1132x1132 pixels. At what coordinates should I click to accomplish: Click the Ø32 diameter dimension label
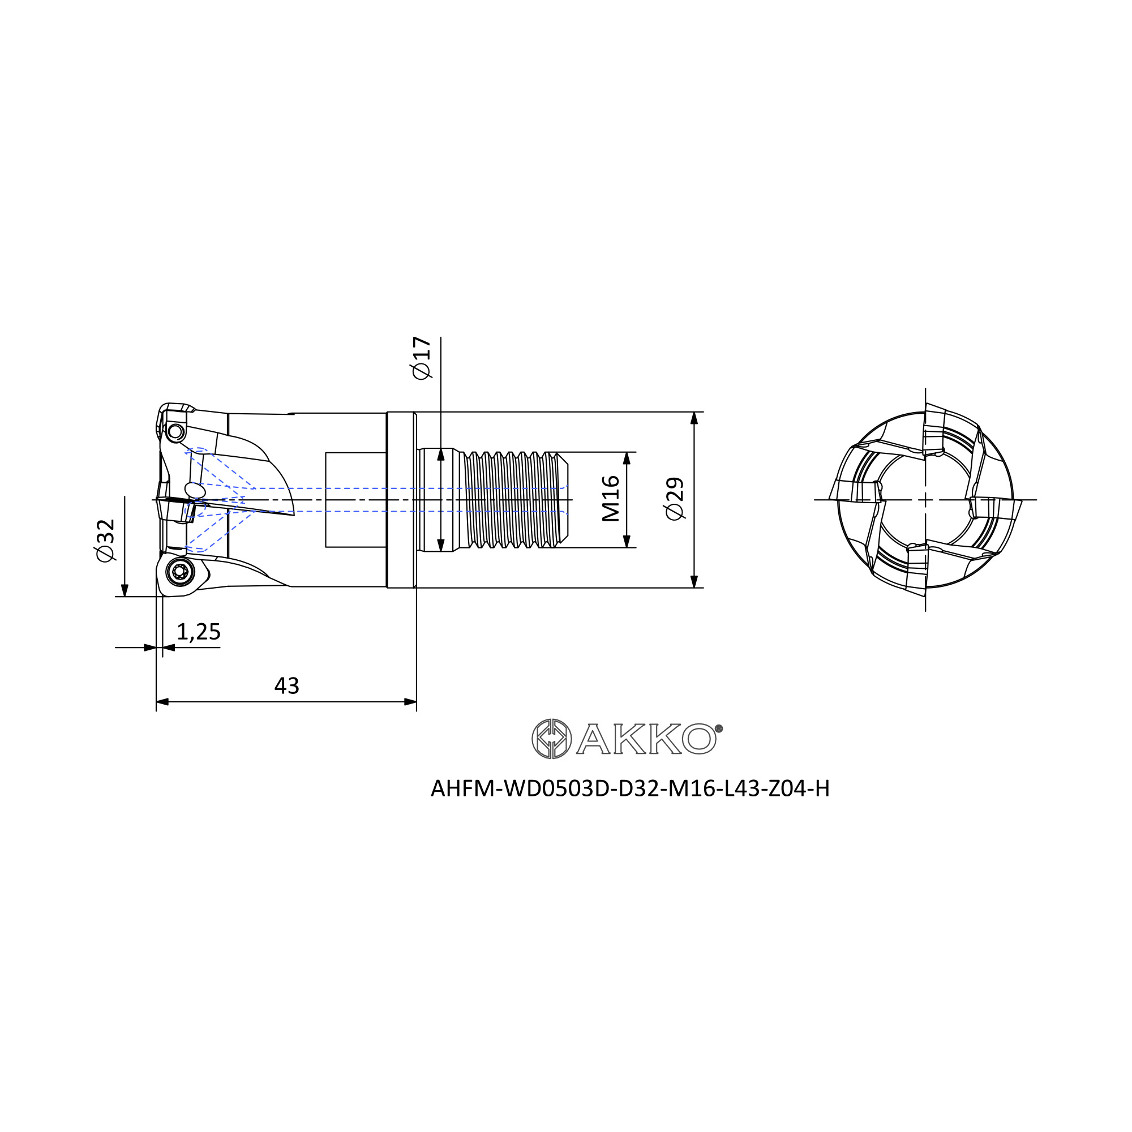point(106,540)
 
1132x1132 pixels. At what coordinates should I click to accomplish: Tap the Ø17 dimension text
point(421,358)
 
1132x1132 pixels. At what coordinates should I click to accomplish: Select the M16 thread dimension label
point(611,499)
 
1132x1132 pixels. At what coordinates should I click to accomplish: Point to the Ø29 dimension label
point(675,499)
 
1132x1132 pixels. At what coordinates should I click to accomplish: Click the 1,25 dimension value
point(198,632)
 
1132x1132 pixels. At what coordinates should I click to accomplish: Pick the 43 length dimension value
point(286,685)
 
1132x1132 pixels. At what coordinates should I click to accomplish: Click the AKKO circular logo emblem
point(551,739)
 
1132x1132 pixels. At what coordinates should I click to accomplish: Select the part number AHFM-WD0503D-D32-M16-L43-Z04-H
point(630,788)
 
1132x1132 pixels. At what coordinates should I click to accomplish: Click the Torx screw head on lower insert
point(180,571)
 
